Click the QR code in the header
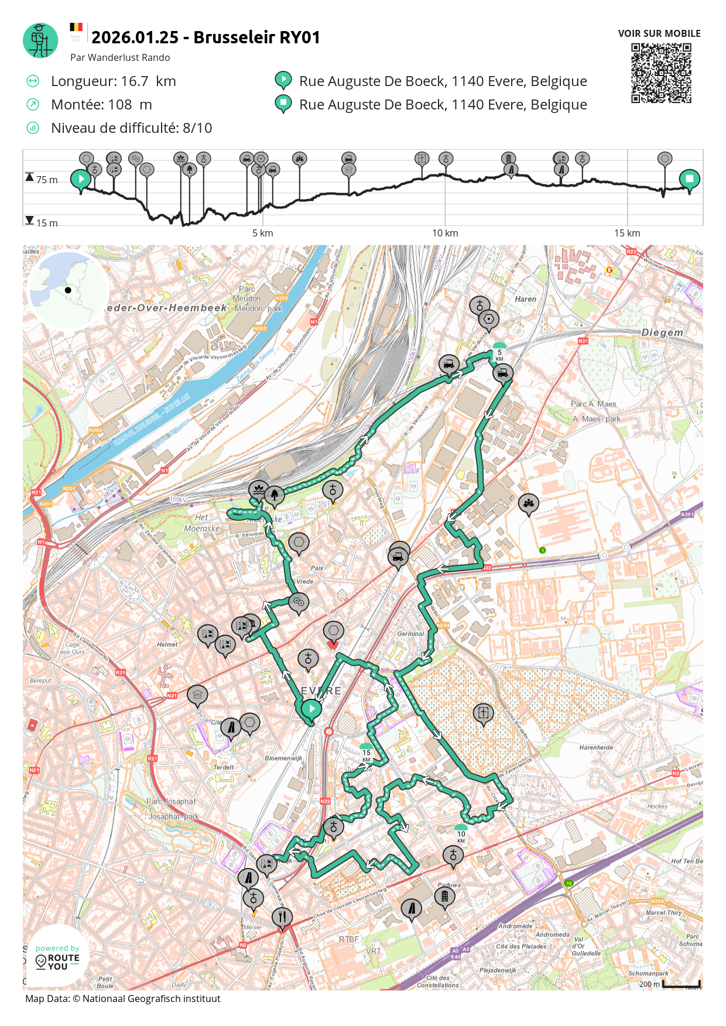coord(661,73)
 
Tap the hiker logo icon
coord(40,40)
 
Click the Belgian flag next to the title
coord(76,27)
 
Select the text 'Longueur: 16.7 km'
coord(113,81)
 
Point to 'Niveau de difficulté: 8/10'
coord(131,128)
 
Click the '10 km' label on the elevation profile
coord(445,233)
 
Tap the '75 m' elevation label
coord(47,180)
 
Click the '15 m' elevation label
coord(47,223)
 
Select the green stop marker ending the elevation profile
coord(689,180)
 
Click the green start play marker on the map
coord(311,709)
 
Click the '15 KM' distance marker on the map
coord(367,754)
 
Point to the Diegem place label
coord(662,332)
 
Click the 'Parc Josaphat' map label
coord(171,801)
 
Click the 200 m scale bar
coord(681,984)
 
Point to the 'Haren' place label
coord(525,299)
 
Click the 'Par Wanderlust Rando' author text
coord(120,57)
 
